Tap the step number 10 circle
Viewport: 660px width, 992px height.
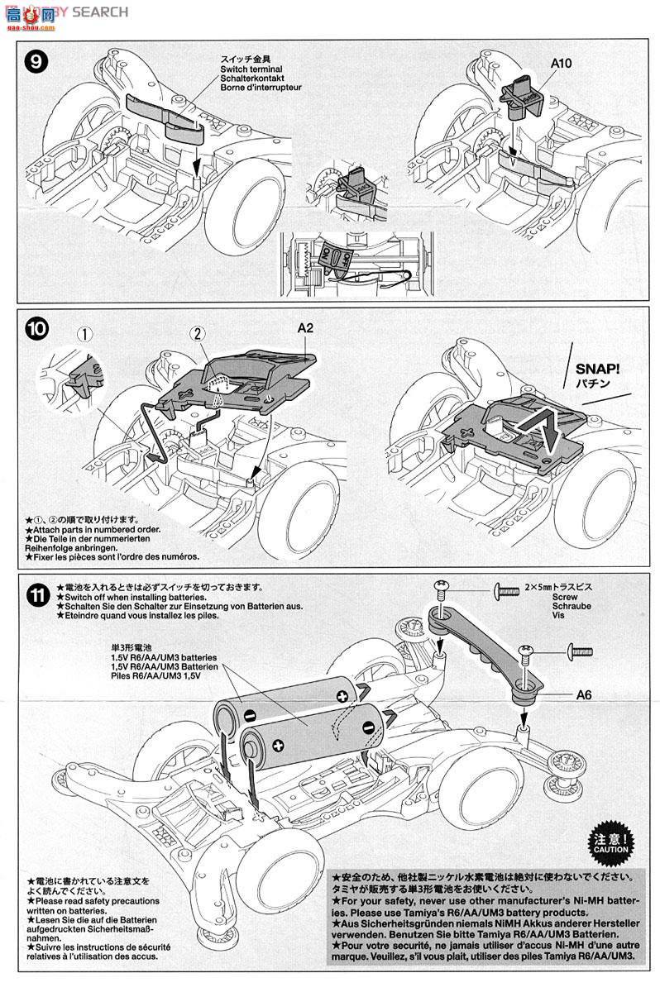pyautogui.click(x=37, y=328)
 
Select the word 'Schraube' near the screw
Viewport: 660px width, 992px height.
pyautogui.click(x=543, y=604)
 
